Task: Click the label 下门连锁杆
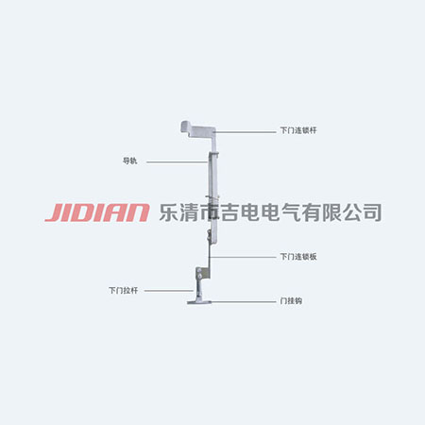click(297, 129)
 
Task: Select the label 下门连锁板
click(297, 255)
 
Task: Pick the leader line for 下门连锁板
click(246, 255)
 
